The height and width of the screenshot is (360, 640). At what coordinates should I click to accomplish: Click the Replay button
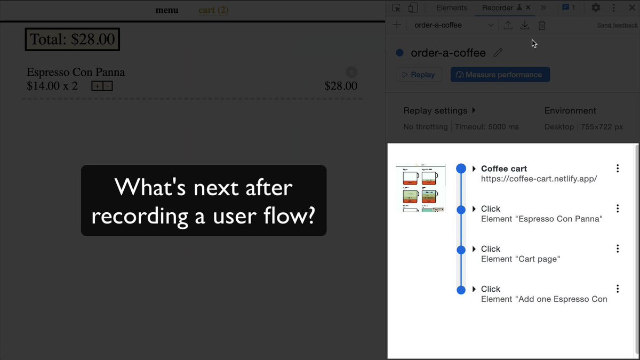click(x=419, y=75)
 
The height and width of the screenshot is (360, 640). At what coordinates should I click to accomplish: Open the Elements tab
click(x=451, y=7)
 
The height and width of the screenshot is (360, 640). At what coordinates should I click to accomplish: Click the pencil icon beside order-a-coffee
click(x=498, y=53)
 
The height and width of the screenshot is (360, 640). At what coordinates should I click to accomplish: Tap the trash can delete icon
click(x=542, y=25)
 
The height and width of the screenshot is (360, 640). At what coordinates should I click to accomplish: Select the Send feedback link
click(x=617, y=25)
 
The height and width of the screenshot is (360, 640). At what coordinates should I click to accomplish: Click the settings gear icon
click(x=596, y=7)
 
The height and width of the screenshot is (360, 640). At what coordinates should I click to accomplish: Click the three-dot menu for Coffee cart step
click(x=618, y=169)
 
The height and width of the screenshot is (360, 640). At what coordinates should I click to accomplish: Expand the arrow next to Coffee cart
click(x=474, y=169)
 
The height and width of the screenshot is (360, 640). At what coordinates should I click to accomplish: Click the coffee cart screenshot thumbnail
click(x=421, y=188)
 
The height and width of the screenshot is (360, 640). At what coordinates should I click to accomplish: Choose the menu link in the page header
click(x=167, y=10)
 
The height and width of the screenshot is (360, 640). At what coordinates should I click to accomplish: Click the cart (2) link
click(x=213, y=10)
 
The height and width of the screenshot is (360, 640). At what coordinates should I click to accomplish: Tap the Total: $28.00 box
click(x=73, y=39)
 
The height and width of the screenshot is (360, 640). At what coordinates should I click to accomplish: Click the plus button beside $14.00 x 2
click(x=97, y=86)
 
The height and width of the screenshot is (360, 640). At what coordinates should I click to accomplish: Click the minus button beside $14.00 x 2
click(x=107, y=86)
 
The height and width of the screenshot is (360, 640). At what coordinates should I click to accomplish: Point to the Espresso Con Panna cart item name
click(x=76, y=73)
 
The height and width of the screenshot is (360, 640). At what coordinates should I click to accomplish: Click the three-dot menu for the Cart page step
click(x=618, y=249)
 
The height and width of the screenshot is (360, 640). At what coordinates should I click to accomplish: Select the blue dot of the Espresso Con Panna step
click(x=461, y=209)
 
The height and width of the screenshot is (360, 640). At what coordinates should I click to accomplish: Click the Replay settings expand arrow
click(x=474, y=110)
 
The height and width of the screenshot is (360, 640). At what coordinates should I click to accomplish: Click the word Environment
click(x=570, y=110)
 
